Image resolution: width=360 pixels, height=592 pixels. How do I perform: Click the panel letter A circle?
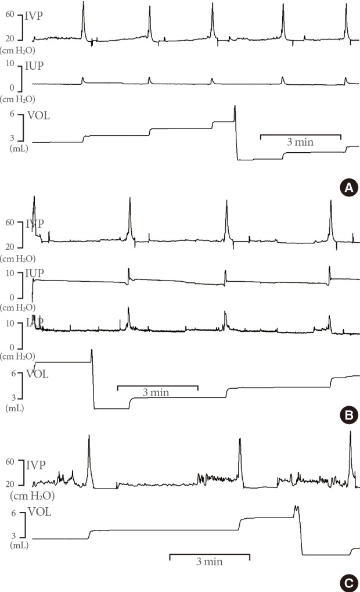tap(348, 186)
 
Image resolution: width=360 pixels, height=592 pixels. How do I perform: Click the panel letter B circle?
tap(348, 415)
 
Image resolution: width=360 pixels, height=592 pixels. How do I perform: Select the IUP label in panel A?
tap(34, 67)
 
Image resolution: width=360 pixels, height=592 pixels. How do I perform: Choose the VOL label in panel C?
tap(39, 514)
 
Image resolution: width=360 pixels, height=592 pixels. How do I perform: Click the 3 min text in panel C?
tap(210, 562)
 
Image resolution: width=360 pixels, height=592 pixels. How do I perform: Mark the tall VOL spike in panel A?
tap(235, 107)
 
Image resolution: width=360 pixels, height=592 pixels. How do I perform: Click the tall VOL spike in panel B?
tap(92, 351)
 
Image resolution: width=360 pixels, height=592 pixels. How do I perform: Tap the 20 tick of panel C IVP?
tap(10, 485)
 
